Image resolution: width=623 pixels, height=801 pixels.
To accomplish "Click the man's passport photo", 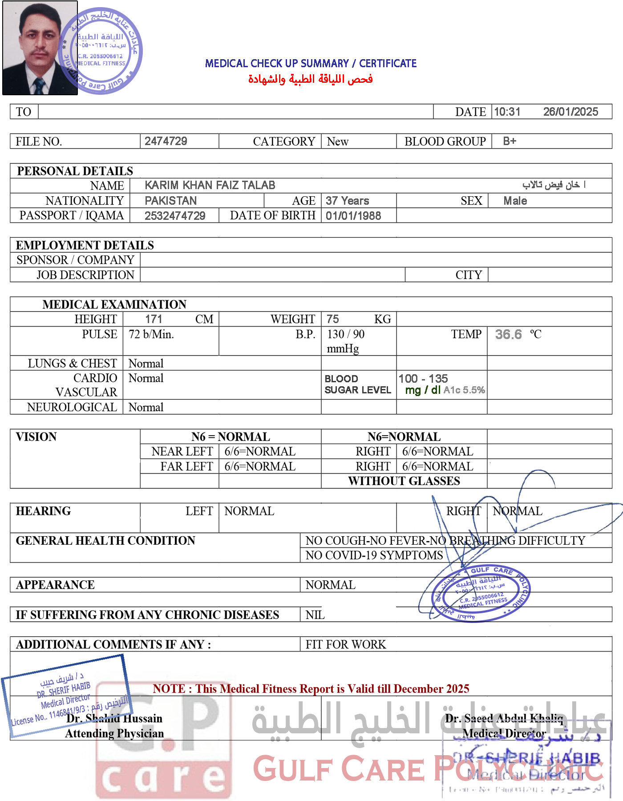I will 39,48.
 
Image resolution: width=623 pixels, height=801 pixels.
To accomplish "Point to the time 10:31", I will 507,112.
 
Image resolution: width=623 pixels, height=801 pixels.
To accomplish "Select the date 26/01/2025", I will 570,112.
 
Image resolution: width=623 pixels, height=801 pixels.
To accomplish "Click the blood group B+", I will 510,141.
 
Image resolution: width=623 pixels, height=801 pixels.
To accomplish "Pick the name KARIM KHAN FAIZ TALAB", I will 210,185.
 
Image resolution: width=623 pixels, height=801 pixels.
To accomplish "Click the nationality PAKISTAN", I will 170,201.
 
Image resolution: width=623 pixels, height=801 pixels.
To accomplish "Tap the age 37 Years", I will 347,201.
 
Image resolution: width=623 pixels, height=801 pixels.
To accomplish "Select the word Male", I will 515,201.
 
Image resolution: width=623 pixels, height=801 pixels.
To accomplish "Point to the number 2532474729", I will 175,216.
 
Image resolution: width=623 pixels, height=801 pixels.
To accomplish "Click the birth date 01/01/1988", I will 353,216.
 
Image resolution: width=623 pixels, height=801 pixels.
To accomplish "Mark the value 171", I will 154,319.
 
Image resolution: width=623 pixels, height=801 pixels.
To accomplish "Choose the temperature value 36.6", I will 508,334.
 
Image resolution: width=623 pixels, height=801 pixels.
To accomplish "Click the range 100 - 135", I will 423,379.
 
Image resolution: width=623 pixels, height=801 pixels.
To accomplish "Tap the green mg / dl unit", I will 422,390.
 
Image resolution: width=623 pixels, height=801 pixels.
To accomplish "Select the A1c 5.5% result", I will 464,390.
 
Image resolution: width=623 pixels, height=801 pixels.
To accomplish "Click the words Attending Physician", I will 114,733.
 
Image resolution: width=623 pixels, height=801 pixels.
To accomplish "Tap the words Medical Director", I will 504,733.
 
